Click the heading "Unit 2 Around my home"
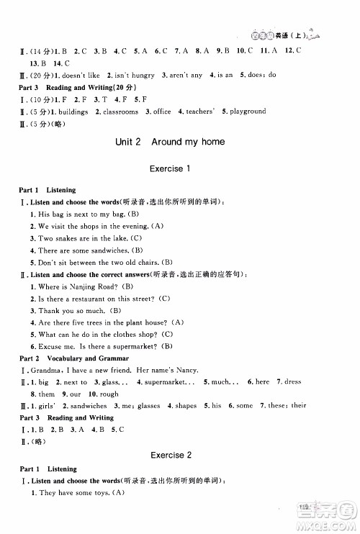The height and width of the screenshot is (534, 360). pos(170,142)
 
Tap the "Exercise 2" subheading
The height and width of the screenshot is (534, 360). pos(170,456)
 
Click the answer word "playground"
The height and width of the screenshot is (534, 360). pos(249,112)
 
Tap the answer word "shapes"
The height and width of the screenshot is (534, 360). pos(186,405)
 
